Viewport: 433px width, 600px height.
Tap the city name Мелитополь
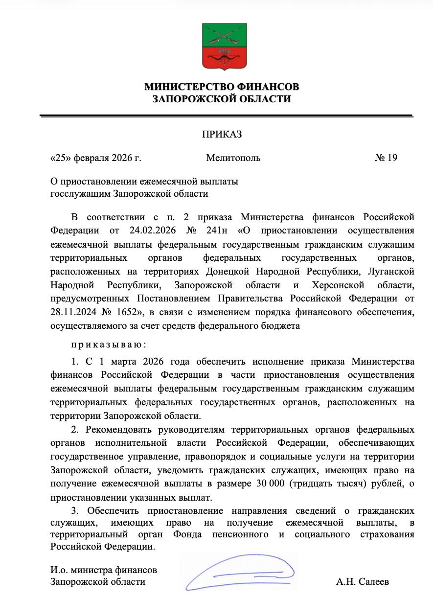(233, 158)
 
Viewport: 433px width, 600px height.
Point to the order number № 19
(386, 158)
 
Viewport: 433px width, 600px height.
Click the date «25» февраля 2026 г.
(96, 158)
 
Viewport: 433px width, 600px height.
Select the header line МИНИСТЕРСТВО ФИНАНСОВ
(222, 87)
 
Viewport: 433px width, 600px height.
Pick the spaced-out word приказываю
(109, 345)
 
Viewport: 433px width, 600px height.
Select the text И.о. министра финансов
(104, 570)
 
